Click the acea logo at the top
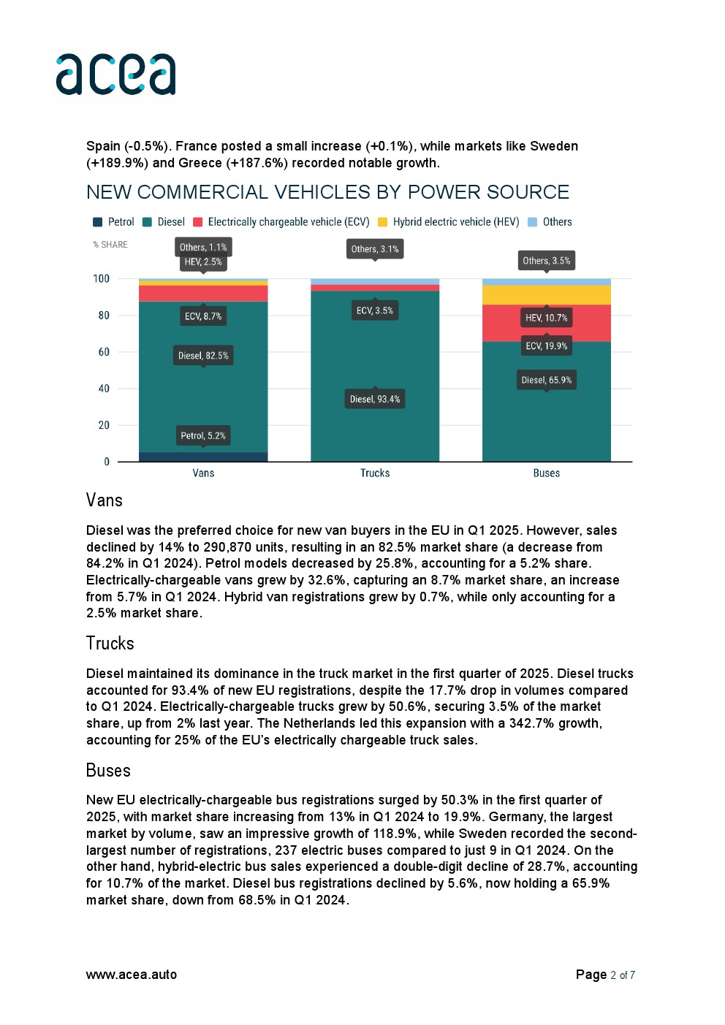pyautogui.click(x=115, y=74)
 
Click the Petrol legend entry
pyautogui.click(x=114, y=222)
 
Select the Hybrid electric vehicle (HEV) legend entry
pyautogui.click(x=448, y=222)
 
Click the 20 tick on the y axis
pyautogui.click(x=103, y=425)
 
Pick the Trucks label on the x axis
pyautogui.click(x=375, y=473)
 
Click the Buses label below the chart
pyautogui.click(x=546, y=473)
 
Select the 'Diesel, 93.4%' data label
pyautogui.click(x=375, y=399)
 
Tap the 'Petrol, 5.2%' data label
pyautogui.click(x=203, y=435)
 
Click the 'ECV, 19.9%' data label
pyautogui.click(x=546, y=346)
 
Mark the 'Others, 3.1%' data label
pyautogui.click(x=375, y=249)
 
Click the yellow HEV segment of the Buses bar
pyautogui.click(x=546, y=295)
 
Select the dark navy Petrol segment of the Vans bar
pyautogui.click(x=203, y=457)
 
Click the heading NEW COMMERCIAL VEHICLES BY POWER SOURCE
pyautogui.click(x=327, y=192)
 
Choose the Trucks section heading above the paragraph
pyautogui.click(x=110, y=644)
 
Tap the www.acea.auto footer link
pyautogui.click(x=132, y=975)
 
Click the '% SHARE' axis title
pyautogui.click(x=110, y=245)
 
